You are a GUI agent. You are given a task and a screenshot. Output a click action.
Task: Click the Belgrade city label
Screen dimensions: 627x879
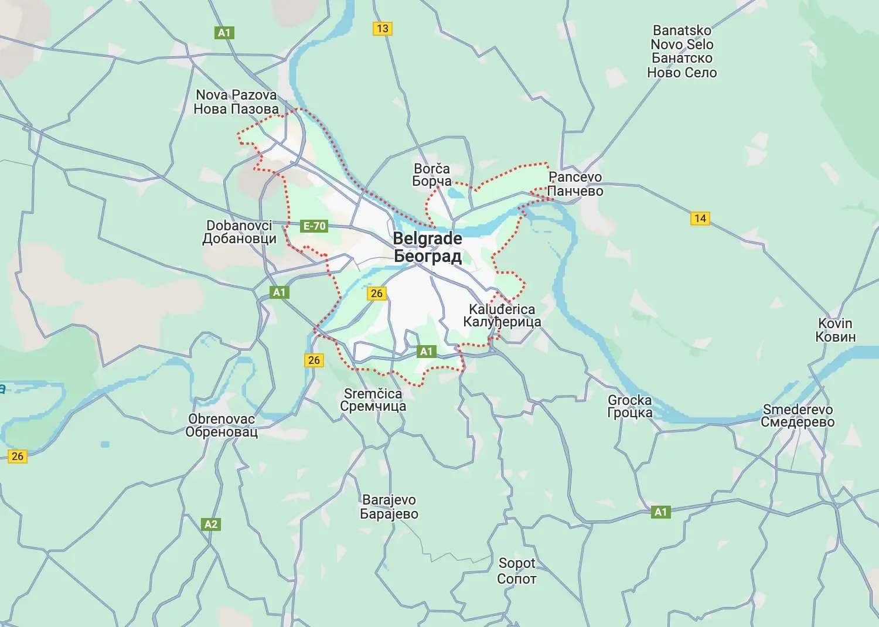pos(428,247)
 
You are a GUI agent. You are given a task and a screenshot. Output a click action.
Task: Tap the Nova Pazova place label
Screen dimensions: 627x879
pos(236,102)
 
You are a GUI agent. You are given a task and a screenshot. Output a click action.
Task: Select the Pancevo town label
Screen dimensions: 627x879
pos(575,184)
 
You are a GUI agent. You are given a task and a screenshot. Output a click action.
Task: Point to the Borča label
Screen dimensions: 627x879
pos(432,175)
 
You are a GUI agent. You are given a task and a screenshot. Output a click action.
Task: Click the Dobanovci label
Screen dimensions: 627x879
pos(239,232)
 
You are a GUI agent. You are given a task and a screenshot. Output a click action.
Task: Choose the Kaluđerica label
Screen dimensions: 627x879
pos(502,315)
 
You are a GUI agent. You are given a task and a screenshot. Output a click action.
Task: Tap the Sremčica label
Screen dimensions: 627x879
pos(373,400)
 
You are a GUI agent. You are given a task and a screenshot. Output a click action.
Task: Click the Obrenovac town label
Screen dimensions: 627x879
pos(222,425)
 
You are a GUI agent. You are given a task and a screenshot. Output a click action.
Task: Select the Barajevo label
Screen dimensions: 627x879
pos(389,507)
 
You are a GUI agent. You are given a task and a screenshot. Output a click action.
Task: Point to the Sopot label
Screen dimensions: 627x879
pos(517,571)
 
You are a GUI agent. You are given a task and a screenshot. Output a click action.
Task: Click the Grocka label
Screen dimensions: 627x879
pos(630,406)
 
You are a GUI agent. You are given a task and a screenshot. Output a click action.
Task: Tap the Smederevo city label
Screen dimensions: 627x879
pos(798,415)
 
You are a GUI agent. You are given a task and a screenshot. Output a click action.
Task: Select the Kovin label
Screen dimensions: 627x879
pos(836,330)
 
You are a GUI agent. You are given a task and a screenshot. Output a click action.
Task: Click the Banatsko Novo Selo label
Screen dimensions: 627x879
pos(682,52)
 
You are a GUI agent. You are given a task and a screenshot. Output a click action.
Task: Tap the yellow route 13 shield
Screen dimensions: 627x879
pos(383,28)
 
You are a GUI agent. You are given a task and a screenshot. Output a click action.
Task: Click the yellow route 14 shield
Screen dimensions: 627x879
pos(700,219)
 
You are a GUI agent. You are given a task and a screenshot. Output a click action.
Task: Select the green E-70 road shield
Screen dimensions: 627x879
pos(314,226)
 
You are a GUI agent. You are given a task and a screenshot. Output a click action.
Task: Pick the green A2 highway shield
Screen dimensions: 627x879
pos(211,524)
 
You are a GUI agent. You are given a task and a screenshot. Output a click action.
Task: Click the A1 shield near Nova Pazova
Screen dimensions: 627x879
pos(224,33)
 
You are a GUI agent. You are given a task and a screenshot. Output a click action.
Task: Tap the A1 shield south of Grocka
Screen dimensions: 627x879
pos(660,512)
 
